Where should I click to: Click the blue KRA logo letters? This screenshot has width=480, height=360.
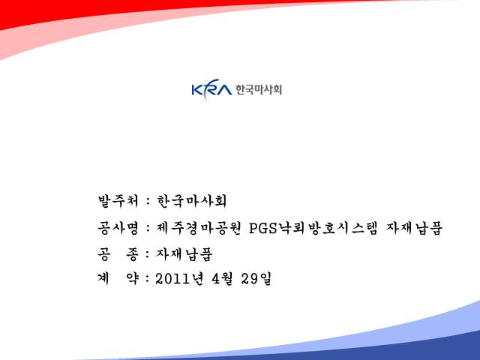click(211, 89)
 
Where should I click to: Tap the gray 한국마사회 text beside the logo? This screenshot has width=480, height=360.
click(259, 90)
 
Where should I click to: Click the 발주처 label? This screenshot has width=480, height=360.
click(118, 201)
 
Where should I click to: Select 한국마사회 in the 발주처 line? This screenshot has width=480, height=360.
click(192, 201)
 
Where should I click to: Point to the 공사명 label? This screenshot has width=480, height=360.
click(118, 228)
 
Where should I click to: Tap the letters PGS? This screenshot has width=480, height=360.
click(263, 228)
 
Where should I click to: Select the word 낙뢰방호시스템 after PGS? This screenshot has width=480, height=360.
click(327, 228)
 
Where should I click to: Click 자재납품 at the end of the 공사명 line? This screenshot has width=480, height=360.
click(414, 228)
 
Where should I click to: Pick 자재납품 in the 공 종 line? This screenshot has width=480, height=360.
click(184, 254)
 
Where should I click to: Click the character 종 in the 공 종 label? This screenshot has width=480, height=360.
click(132, 254)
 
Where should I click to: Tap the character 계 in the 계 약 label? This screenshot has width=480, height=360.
click(103, 278)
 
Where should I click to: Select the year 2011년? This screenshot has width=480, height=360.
click(179, 278)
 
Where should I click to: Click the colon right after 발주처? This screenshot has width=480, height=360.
click(148, 202)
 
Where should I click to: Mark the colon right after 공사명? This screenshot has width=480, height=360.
click(148, 229)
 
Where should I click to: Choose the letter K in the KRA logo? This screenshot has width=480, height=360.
click(198, 90)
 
